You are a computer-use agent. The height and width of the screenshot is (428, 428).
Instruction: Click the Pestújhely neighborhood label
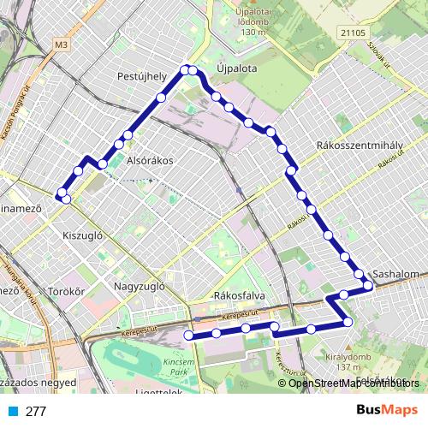click(x=141, y=76)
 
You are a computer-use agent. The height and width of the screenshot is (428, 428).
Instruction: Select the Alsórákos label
click(x=150, y=160)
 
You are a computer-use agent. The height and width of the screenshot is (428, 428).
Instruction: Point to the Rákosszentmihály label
click(x=354, y=146)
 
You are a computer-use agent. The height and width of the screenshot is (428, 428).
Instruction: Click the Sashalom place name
click(x=395, y=275)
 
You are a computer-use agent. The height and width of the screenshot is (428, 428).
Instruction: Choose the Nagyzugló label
click(x=139, y=287)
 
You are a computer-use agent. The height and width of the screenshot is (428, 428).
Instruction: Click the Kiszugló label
click(x=83, y=234)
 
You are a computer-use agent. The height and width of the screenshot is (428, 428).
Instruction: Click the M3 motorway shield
click(x=60, y=44)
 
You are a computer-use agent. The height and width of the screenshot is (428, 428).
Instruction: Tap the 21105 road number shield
click(x=351, y=32)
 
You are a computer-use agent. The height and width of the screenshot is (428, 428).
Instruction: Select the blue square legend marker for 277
click(x=10, y=411)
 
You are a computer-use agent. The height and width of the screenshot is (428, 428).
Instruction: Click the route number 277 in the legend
click(x=36, y=411)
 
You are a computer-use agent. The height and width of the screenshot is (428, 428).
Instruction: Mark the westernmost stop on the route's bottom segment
click(x=188, y=336)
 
